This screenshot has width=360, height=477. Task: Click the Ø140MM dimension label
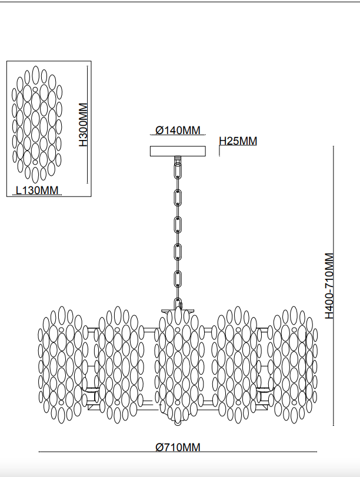pos(178,130)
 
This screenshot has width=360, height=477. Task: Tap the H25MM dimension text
pos(238,141)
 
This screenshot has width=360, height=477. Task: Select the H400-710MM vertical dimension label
pos(329,286)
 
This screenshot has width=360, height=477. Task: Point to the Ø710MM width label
pos(178,448)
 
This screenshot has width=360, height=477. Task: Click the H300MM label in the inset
pos(83,125)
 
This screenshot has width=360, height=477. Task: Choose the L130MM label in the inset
pos(37,190)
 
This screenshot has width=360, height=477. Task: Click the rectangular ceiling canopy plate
pos(178,151)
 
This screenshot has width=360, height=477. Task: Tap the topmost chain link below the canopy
pos(177,170)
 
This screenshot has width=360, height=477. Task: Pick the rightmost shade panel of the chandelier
pos(294,365)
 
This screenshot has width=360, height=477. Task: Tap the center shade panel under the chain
pos(178,365)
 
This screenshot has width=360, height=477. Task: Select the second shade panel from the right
pos(236,365)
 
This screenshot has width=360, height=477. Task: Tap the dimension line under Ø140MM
pos(178,136)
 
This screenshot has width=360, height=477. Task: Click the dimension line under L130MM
pos(37,195)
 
